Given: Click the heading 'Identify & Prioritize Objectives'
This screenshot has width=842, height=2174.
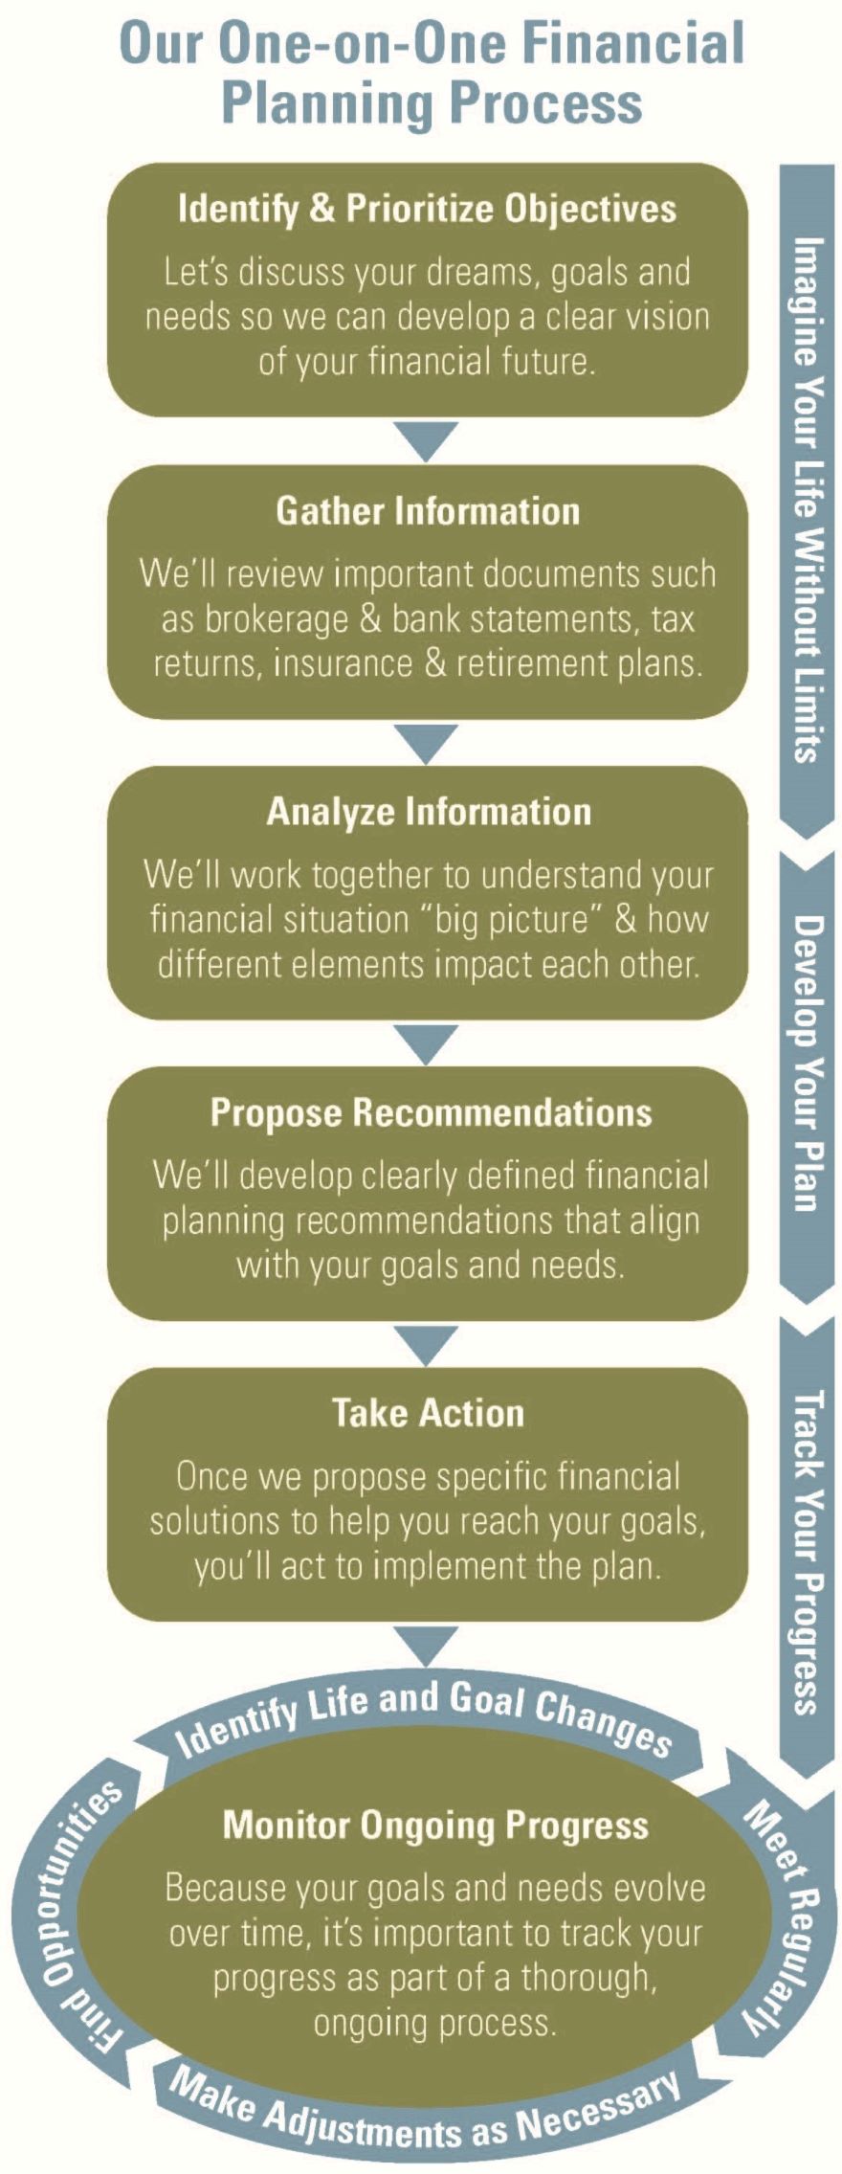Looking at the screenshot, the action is pyautogui.click(x=427, y=210).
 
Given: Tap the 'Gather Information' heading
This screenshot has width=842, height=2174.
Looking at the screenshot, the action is pyautogui.click(x=428, y=510).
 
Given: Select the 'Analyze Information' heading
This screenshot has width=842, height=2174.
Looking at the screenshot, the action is pyautogui.click(x=429, y=812).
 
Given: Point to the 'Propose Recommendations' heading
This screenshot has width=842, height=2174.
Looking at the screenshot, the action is pyautogui.click(x=431, y=1112).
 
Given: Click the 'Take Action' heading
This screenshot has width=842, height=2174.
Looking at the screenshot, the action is pyautogui.click(x=428, y=1413).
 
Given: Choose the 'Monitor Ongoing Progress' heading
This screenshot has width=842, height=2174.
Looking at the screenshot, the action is pyautogui.click(x=435, y=1825).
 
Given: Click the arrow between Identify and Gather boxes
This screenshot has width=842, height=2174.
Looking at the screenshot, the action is pyautogui.click(x=427, y=441).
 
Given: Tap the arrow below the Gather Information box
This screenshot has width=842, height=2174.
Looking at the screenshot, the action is pyautogui.click(x=427, y=743).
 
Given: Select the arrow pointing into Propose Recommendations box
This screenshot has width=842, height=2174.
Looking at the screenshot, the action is pyautogui.click(x=427, y=1045).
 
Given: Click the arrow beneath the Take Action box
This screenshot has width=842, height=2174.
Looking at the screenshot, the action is pyautogui.click(x=427, y=1647).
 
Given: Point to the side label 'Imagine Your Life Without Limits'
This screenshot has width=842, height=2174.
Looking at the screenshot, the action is pyautogui.click(x=806, y=498).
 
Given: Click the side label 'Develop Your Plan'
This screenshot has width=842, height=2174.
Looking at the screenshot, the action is pyautogui.click(x=806, y=1063).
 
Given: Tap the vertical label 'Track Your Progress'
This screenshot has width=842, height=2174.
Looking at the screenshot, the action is pyautogui.click(x=806, y=1551).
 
